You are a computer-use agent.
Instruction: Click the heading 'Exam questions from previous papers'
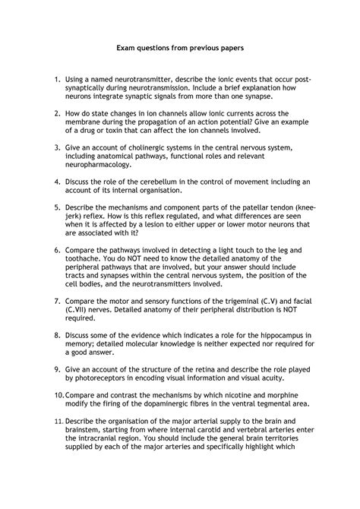pos(179,47)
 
